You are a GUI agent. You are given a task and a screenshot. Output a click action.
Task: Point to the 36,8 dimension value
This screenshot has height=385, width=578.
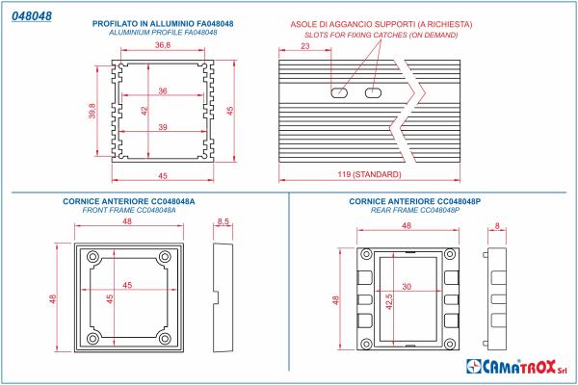[x=162, y=45]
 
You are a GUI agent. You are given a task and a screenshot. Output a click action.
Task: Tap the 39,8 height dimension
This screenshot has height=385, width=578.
[x=92, y=111]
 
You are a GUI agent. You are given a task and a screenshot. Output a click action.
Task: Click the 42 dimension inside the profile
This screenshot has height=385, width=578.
[x=145, y=110]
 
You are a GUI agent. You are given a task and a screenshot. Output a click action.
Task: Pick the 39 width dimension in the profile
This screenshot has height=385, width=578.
[x=162, y=126]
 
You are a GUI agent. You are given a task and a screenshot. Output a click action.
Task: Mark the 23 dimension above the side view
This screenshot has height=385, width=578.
[x=305, y=45]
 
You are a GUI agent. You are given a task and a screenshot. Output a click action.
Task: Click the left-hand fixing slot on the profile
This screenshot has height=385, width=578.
[x=338, y=94]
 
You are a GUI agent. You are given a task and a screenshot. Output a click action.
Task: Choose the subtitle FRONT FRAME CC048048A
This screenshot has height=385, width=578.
[x=128, y=210]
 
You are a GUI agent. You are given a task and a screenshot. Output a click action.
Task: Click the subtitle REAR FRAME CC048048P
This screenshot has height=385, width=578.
[x=415, y=210]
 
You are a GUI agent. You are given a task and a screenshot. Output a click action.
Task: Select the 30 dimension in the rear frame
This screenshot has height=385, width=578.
[x=407, y=287]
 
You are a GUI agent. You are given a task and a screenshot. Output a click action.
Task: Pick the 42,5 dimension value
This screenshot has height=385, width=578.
[x=390, y=299]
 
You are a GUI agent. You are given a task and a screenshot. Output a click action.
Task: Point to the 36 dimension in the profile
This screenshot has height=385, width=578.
[x=162, y=91]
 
